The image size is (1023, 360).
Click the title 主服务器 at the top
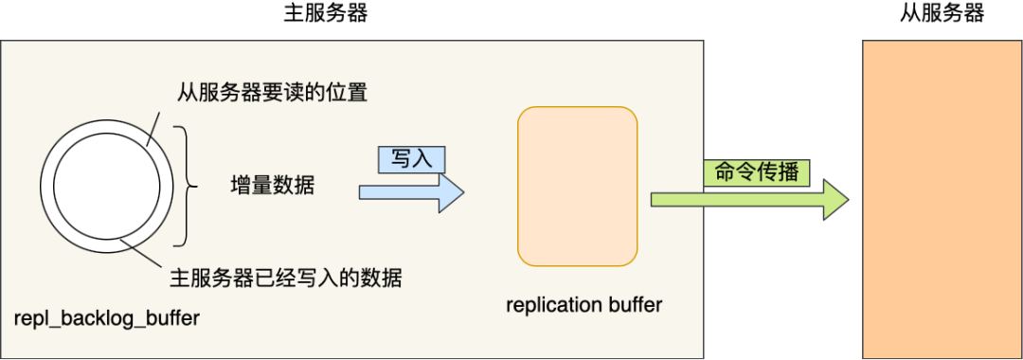[x=325, y=13]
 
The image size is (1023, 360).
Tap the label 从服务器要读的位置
[x=272, y=93]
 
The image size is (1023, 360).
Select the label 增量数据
[x=273, y=186]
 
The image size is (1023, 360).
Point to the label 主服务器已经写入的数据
[x=285, y=279]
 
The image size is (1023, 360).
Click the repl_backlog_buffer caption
[x=107, y=318]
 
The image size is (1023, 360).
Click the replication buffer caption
[x=583, y=305]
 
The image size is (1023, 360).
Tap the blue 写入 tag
[x=411, y=159]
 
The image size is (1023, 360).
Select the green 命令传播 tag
[x=756, y=172]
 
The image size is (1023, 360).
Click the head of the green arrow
[x=835, y=200]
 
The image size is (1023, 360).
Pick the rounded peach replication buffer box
[x=577, y=186]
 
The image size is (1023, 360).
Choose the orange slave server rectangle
[x=941, y=199]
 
